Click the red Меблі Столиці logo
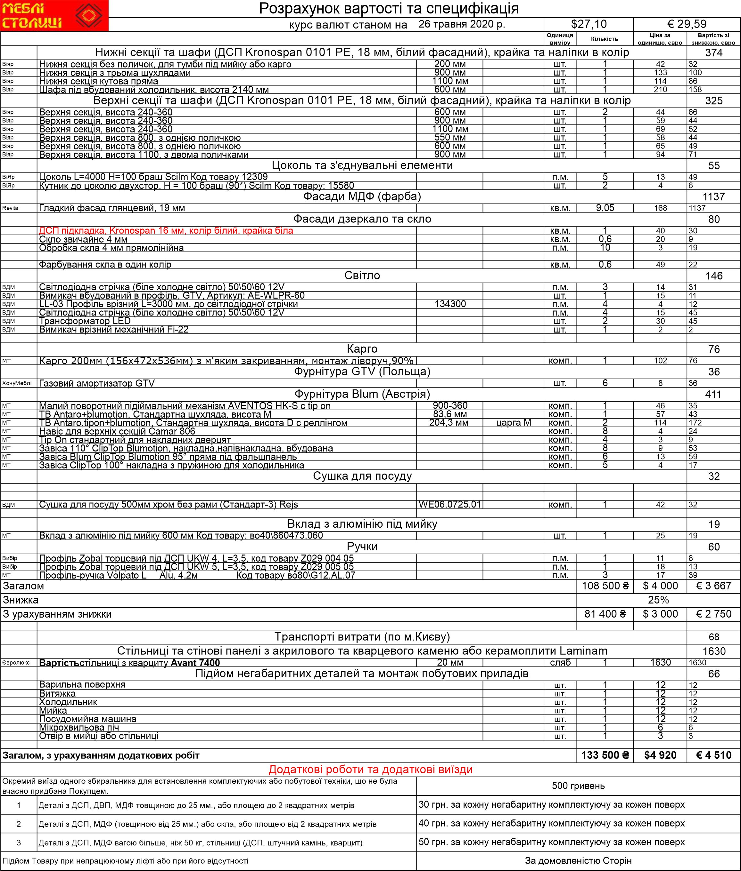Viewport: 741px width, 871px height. point(54,16)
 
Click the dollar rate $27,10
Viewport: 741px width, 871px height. point(589,24)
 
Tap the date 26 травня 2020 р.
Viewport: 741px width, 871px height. point(462,24)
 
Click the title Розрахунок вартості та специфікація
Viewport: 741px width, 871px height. point(389,8)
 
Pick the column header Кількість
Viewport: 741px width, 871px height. point(605,39)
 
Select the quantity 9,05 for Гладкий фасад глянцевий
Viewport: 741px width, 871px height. point(605,208)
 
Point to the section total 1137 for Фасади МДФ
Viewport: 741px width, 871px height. point(714,197)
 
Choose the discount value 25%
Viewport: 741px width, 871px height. point(658,600)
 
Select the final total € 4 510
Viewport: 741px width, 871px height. point(714,755)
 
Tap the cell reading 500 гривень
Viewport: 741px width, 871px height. point(578,786)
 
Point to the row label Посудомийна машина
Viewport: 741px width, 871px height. point(88,719)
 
